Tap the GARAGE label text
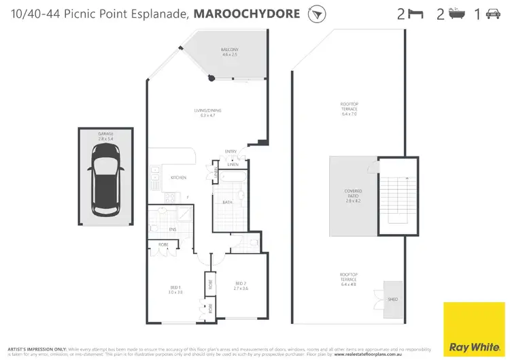106,135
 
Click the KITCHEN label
179,178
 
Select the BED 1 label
175,288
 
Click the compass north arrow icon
315,14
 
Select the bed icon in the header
415,14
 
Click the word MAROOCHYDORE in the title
248,14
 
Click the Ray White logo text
474,339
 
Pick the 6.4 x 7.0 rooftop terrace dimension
349,113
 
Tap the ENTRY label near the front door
231,151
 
